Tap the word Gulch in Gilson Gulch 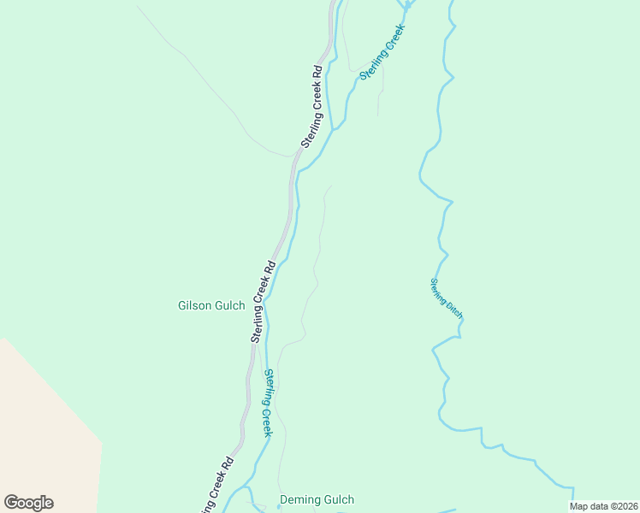(x=229, y=305)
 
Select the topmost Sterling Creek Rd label (x=310, y=107)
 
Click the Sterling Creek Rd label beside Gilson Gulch (x=263, y=302)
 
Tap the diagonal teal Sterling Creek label (x=382, y=52)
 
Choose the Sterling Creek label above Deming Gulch (x=268, y=403)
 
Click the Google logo (x=28, y=503)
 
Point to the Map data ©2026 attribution (x=603, y=506)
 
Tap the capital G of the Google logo (x=12, y=503)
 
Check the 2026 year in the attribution (x=625, y=506)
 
